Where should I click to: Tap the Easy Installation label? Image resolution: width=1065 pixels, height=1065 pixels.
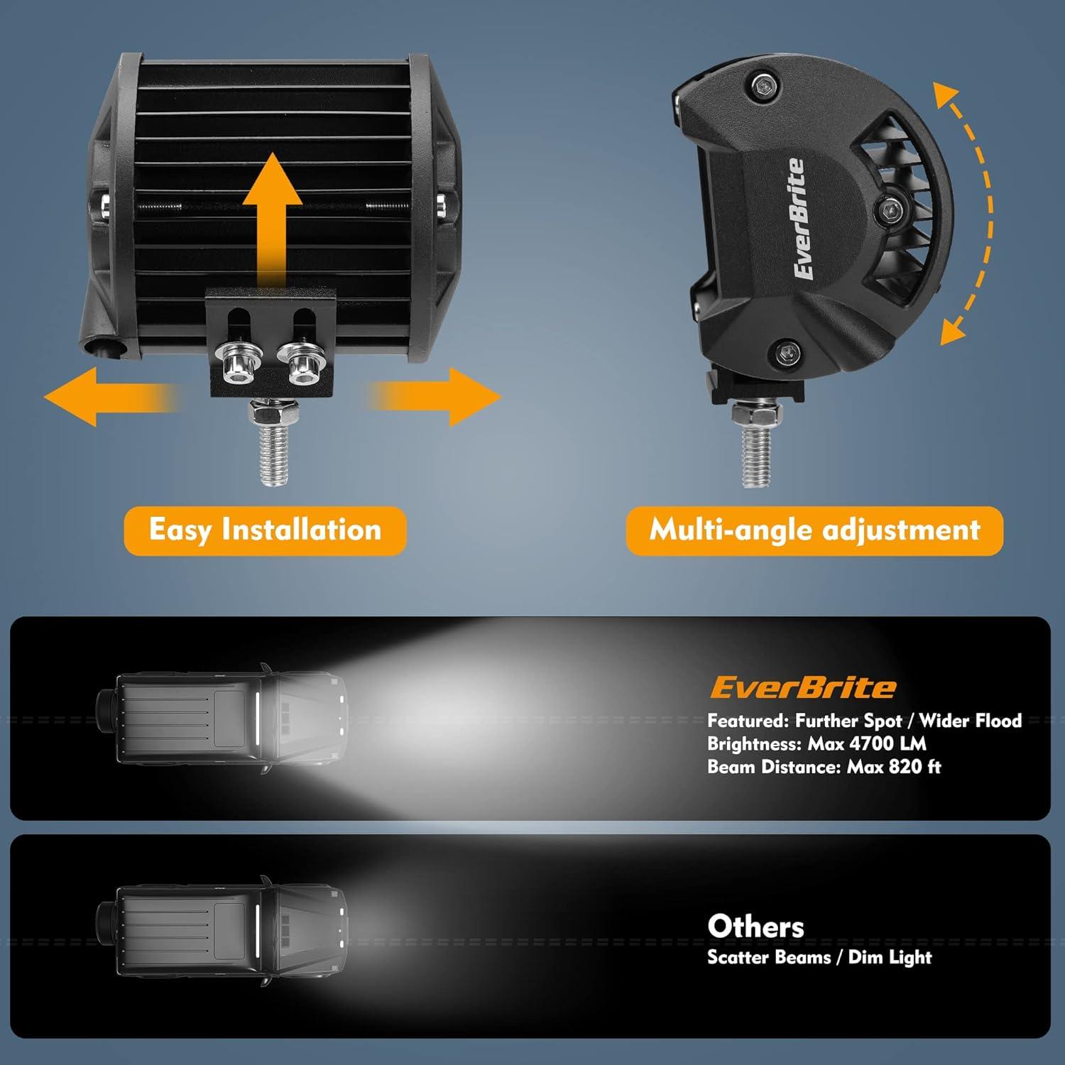pos(265,530)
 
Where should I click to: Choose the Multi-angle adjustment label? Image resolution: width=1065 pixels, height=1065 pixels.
pos(814,530)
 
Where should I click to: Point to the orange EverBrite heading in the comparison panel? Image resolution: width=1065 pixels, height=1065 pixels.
pos(803,687)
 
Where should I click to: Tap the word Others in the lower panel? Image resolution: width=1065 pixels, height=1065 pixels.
pos(755,927)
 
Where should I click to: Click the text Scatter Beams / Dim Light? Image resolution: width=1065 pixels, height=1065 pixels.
pos(819,957)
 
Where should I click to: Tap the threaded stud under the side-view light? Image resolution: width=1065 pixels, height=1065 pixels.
pos(756,444)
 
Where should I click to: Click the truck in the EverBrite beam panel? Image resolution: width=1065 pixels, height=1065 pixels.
pos(222,719)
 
